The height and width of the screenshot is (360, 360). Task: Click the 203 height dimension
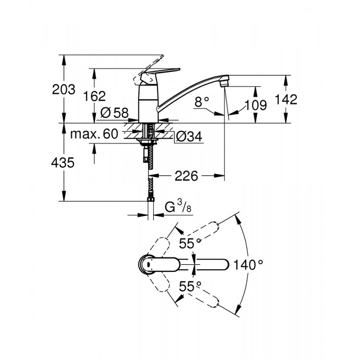[63, 89]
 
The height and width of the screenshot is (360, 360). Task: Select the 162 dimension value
[94, 96]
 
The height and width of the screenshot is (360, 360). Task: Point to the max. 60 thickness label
[94, 134]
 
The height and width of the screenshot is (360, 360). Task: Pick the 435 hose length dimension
[63, 163]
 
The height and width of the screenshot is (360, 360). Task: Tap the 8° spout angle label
[202, 102]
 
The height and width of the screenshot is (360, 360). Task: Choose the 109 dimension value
[256, 105]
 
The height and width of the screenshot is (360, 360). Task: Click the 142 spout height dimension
[287, 99]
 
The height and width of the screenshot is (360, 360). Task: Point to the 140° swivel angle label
[249, 264]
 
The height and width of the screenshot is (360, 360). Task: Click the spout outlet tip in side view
[223, 83]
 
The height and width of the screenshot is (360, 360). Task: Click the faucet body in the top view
[148, 264]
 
